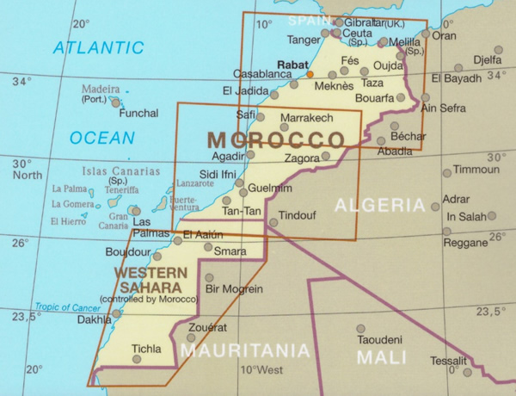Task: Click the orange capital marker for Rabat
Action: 310,75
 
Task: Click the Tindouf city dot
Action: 273,222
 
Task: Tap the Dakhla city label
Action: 94,319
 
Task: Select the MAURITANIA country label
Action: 245,350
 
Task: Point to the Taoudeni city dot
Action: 361,328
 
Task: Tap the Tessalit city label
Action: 450,361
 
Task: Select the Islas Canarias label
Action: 122,171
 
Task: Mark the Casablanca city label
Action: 263,74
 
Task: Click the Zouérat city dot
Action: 191,337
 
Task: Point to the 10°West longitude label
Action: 262,371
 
